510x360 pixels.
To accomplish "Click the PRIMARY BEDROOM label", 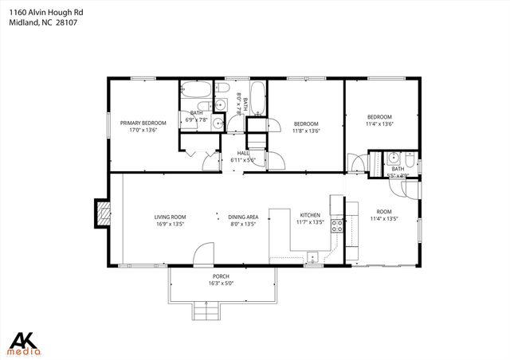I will (x=143, y=123).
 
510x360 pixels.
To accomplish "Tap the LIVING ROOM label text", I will (x=170, y=217).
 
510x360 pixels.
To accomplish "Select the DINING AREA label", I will (x=242, y=217).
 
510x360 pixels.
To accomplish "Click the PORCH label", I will (x=221, y=276).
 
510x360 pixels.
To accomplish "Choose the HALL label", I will (x=242, y=154).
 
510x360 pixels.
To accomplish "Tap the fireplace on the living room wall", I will (x=102, y=213).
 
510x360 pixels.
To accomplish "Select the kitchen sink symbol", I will (x=313, y=256).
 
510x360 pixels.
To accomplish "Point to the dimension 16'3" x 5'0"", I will (x=221, y=283).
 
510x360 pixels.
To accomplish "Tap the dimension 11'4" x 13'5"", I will (x=382, y=217).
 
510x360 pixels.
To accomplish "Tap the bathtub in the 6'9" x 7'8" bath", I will (x=194, y=88).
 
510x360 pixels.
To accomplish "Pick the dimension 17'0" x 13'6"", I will (x=143, y=131).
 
